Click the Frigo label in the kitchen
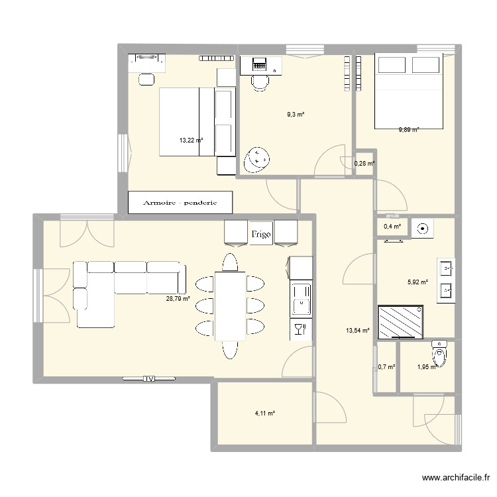click(261, 234)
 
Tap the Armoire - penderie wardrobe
click(180, 202)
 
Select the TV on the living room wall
click(149, 378)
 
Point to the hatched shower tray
click(401, 321)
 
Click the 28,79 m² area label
click(178, 298)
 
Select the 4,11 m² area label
click(264, 414)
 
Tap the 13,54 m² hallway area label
click(358, 331)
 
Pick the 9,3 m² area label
click(296, 115)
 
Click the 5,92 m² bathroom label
click(417, 282)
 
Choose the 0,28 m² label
click(364, 164)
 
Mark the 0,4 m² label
click(392, 227)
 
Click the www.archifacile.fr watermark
click(456, 477)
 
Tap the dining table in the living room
click(230, 306)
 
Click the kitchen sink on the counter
click(301, 300)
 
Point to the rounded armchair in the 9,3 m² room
click(256, 160)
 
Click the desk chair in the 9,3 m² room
click(260, 83)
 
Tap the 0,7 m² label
click(386, 367)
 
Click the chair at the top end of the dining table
click(230, 262)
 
